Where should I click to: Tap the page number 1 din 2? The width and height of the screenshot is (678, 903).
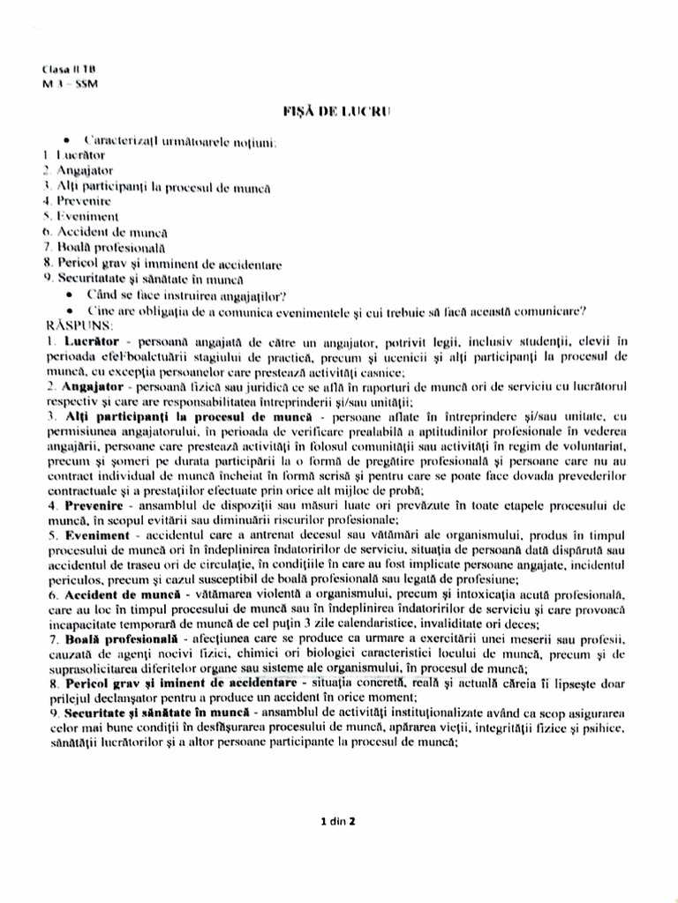tap(339, 822)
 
